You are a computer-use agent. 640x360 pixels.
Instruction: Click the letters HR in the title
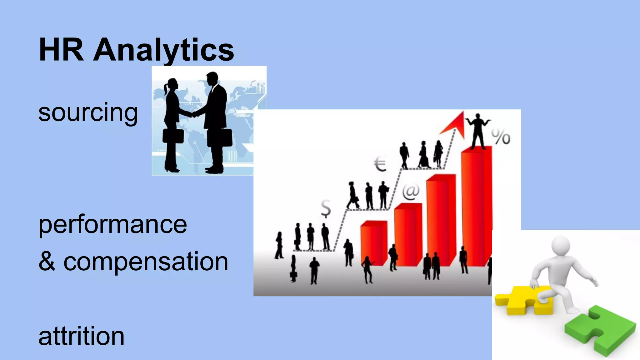click(61, 50)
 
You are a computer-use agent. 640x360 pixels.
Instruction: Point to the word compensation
click(146, 262)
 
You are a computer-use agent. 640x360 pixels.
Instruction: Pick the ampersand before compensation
click(47, 262)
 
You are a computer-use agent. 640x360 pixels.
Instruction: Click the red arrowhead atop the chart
click(455, 123)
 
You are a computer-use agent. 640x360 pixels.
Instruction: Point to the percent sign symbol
click(501, 137)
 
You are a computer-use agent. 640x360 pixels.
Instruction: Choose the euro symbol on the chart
click(380, 165)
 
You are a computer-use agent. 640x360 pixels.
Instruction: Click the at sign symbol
click(411, 192)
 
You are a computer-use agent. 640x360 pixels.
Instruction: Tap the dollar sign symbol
click(326, 208)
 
